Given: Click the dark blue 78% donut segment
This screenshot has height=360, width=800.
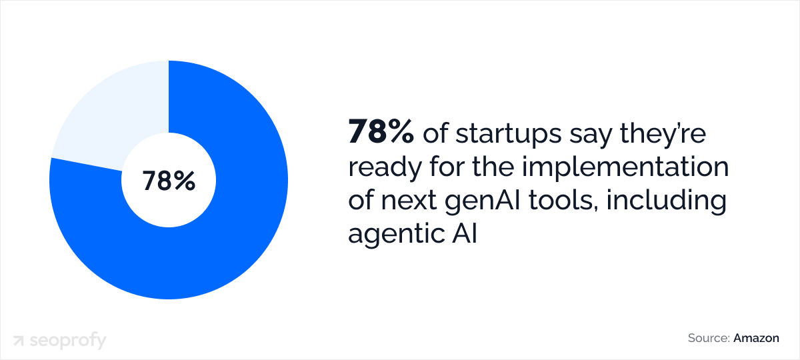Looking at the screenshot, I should (x=220, y=253).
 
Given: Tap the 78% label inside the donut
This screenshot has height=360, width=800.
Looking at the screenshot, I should (x=169, y=181).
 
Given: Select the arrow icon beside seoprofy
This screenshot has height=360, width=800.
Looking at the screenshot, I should (x=20, y=341).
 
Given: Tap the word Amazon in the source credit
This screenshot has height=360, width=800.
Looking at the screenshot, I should (x=756, y=338).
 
